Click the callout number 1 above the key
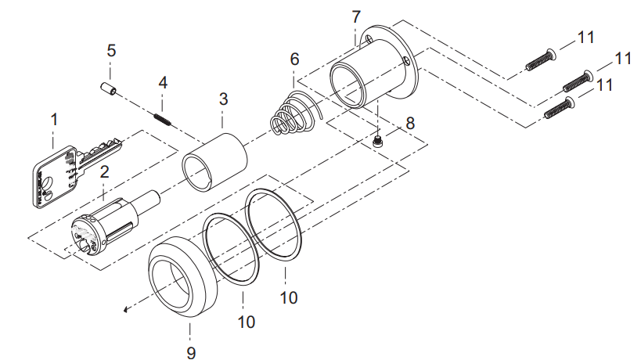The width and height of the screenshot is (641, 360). (54, 120)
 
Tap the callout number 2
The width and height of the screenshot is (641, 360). (105, 171)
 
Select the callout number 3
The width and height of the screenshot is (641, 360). (223, 99)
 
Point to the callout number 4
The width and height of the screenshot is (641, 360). (163, 82)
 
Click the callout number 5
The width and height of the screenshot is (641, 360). (111, 51)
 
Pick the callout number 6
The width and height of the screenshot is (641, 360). (294, 59)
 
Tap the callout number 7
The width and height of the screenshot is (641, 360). (356, 17)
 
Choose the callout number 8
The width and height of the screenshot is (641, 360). (410, 123)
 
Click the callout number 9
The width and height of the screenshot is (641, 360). (191, 352)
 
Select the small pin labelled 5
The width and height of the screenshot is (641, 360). (109, 88)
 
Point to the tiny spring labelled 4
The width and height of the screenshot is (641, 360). (162, 119)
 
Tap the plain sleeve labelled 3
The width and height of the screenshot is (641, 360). (214, 162)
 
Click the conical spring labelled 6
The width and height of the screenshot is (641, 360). (295, 113)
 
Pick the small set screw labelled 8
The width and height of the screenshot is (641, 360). (378, 142)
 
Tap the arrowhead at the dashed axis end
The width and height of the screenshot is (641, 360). (126, 310)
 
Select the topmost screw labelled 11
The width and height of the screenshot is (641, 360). (541, 59)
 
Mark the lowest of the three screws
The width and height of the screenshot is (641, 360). (560, 108)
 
